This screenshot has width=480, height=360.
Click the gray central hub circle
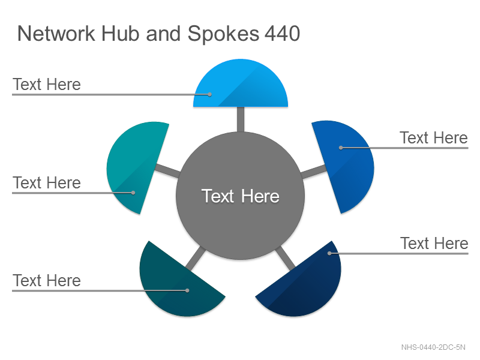tap(241, 196)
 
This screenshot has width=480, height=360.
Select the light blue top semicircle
tap(241, 86)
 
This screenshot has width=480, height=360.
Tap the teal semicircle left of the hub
tap(134, 166)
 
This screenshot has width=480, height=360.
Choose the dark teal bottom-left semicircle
tap(178, 284)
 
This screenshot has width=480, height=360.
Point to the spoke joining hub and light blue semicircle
tap(241, 119)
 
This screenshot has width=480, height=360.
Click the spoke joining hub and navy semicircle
tap(286, 259)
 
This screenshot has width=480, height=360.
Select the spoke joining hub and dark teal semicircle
tap(196, 259)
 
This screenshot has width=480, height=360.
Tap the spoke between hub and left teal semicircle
tap(167, 171)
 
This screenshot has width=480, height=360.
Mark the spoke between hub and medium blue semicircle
tap(314, 172)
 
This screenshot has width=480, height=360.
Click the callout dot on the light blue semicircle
tap(209, 95)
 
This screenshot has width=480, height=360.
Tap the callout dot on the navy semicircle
tap(329, 253)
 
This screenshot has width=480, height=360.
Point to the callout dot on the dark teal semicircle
tap(187, 290)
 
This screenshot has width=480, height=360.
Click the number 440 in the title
tap(282, 34)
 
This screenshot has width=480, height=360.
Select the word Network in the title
tap(56, 34)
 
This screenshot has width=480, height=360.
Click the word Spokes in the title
tap(223, 34)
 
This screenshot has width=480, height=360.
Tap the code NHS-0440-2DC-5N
tap(433, 347)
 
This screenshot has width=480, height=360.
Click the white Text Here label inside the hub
tap(241, 196)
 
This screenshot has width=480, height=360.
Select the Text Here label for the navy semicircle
tap(434, 244)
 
